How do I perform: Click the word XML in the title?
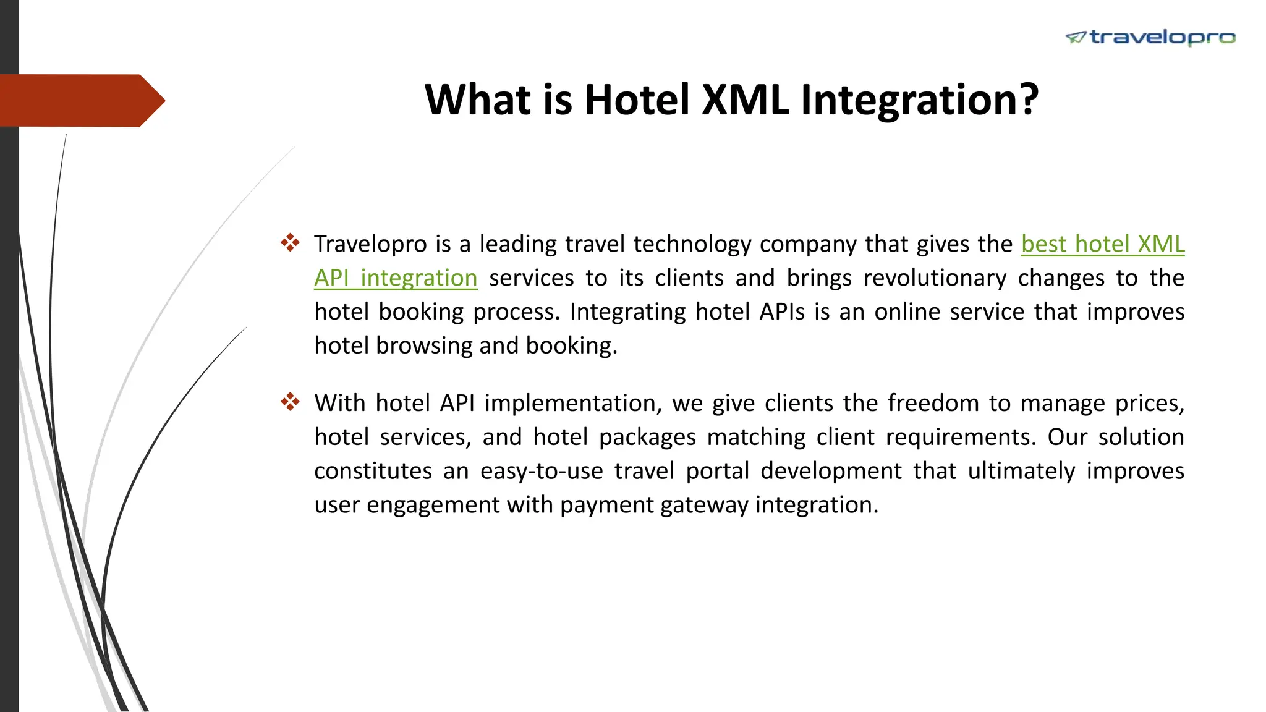click(746, 100)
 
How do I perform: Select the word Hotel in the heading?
click(637, 100)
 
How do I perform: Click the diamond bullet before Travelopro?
click(290, 242)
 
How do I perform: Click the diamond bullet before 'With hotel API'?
click(290, 402)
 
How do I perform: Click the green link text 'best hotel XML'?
click(1102, 244)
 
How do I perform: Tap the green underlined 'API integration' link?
click(396, 278)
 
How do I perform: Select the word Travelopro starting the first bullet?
click(370, 244)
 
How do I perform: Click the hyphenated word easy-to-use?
click(542, 471)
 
